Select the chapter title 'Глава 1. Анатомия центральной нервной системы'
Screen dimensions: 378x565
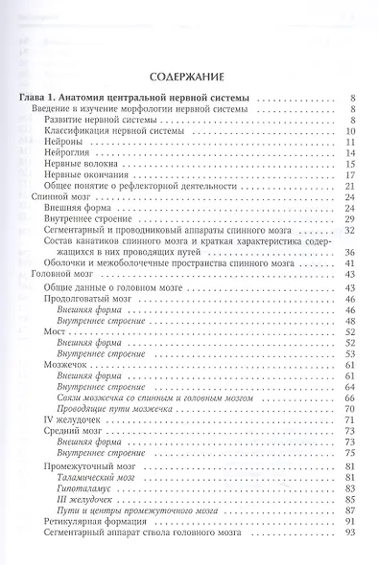tap(132, 97)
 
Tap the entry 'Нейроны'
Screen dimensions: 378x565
tap(62, 140)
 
